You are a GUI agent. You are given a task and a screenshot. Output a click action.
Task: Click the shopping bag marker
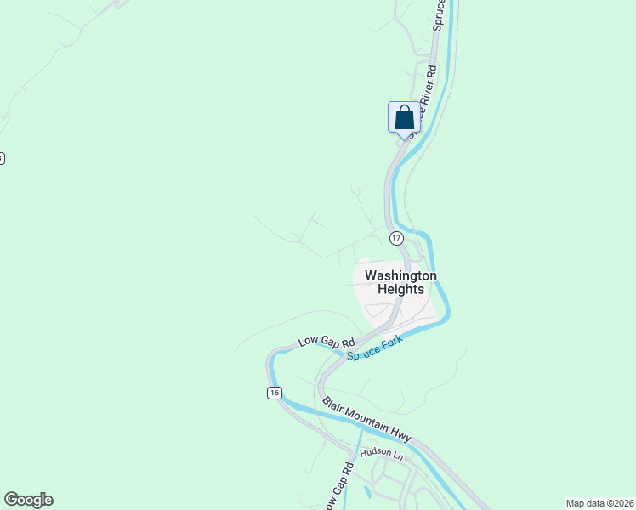[x=405, y=117]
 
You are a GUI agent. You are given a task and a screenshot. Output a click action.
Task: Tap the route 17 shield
[x=396, y=237]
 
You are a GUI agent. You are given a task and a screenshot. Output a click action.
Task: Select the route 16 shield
[x=273, y=392]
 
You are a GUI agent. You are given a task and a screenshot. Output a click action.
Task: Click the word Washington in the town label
[x=400, y=275]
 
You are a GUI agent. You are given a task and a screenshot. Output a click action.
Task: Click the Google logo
[x=28, y=500]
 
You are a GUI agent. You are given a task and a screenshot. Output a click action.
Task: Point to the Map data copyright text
[x=599, y=502]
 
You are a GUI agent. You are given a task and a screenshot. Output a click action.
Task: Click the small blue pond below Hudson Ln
[x=366, y=490]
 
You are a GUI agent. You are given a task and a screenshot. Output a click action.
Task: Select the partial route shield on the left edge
[x=2, y=158]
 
